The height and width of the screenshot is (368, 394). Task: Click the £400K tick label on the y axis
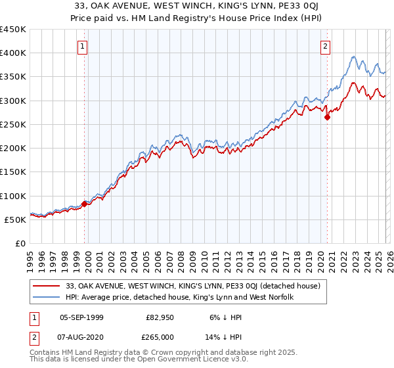(x=13, y=53)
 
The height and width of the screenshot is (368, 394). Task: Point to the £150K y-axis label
(x=13, y=172)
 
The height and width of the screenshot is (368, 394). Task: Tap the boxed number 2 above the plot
(x=326, y=46)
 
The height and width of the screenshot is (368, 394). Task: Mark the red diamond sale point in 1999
(x=85, y=204)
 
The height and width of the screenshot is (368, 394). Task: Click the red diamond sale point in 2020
(x=327, y=118)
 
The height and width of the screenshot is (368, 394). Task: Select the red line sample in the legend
(x=48, y=287)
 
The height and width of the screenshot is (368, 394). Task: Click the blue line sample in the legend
(x=48, y=298)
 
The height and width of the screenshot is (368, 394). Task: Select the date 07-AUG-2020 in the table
(x=81, y=337)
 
